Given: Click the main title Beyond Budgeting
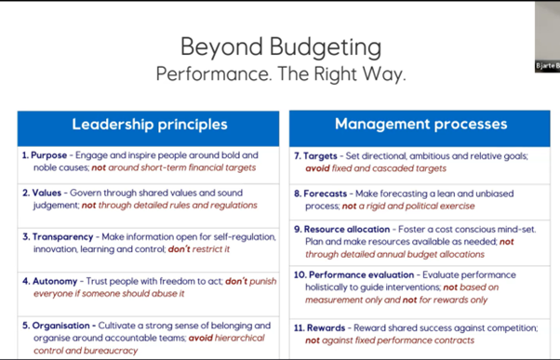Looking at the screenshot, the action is point(281,47).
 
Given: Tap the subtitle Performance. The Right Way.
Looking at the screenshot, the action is point(281,73).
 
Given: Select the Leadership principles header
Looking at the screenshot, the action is point(150,125).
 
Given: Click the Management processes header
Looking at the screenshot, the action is point(421,124).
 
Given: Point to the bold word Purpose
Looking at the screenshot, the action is point(49,155).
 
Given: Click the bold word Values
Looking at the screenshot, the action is point(47,193).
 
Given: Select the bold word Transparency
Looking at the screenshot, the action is point(63,237).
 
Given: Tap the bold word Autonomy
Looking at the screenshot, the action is point(55,282).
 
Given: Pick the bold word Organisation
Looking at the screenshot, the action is point(60,326).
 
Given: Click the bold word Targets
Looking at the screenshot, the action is point(320,156).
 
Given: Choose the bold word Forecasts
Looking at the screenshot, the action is point(325,193).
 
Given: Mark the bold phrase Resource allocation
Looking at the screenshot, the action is point(347,229).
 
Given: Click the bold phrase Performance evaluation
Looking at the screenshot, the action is point(362,275).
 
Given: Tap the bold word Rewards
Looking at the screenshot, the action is point(327,327).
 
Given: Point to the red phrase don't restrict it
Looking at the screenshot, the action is point(198,249).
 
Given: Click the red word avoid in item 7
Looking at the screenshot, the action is point(317,168).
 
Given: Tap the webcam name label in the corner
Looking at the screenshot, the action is point(548,66).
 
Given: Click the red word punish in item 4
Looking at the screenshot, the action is point(263,282).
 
